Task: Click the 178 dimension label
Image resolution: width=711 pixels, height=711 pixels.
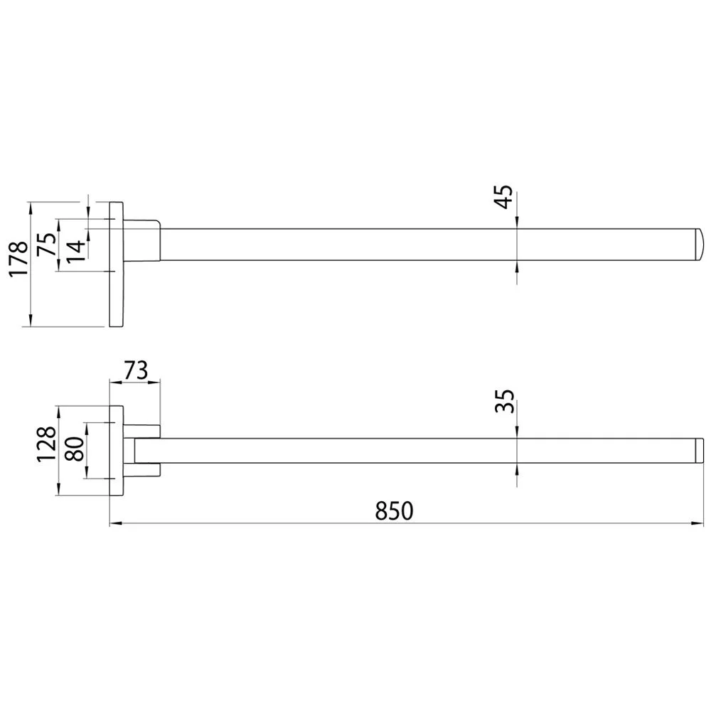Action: pyautogui.click(x=18, y=259)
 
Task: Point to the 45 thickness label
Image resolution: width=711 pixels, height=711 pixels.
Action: pyautogui.click(x=503, y=197)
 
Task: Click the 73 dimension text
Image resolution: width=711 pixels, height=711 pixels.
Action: pyautogui.click(x=135, y=370)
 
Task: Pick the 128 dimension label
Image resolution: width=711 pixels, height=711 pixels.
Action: pyautogui.click(x=47, y=444)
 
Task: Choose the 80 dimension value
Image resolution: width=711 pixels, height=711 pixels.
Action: pyautogui.click(x=75, y=449)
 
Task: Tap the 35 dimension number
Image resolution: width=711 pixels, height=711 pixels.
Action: pyautogui.click(x=504, y=401)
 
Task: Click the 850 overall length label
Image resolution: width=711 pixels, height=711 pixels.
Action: pyautogui.click(x=394, y=511)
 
